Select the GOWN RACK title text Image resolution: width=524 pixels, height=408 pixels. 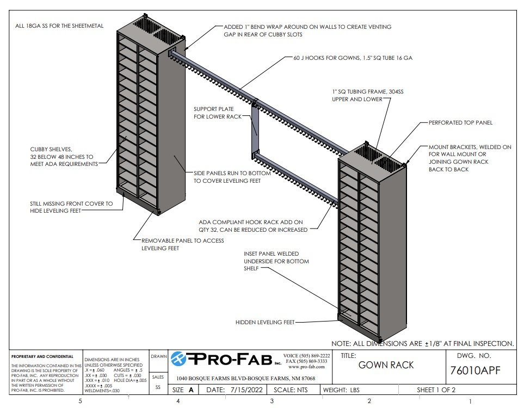pos(386,365)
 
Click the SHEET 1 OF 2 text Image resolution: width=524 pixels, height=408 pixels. pos(436,390)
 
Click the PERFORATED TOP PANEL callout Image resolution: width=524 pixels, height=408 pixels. pos(460,123)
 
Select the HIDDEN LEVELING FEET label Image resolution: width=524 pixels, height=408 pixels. pos(264,322)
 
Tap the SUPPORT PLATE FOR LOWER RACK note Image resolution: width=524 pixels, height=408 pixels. pos(217,113)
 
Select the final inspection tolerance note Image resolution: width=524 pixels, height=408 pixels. pos(422,343)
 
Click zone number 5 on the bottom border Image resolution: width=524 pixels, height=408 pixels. pos(81,401)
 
